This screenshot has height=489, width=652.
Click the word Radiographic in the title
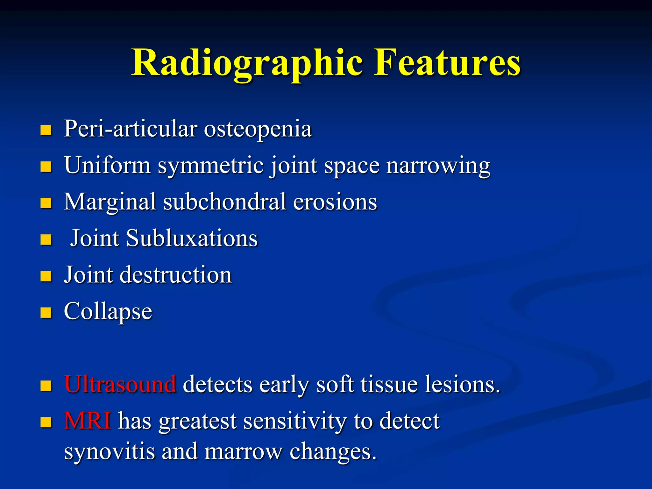tap(247, 63)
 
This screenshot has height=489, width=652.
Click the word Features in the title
tap(447, 63)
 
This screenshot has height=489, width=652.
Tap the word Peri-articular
tap(131, 129)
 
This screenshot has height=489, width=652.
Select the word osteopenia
tap(258, 129)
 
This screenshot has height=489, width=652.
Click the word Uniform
tap(107, 166)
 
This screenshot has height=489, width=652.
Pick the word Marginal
tap(110, 202)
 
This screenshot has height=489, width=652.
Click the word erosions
tap(335, 202)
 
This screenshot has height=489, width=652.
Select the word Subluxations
tap(192, 238)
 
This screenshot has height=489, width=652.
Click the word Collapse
tap(108, 312)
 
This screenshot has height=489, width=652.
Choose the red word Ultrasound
tap(120, 384)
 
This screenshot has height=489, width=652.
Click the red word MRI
tap(88, 421)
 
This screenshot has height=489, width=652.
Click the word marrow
tap(243, 452)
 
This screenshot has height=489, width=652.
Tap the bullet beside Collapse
tap(46, 313)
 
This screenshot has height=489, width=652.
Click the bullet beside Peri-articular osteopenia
tap(46, 130)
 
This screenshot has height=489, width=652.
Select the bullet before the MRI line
tap(46, 422)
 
